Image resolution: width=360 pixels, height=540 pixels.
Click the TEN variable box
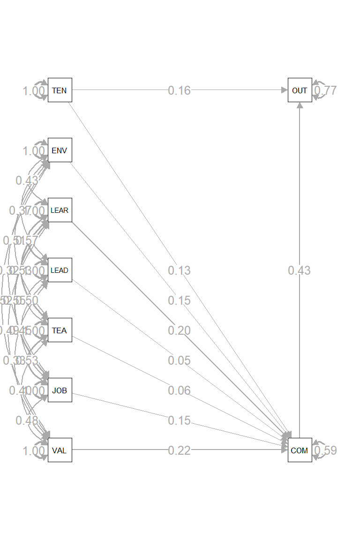[x=60, y=90]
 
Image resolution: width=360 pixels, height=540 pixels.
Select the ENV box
[x=60, y=150]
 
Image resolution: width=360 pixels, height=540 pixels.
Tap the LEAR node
[x=60, y=210]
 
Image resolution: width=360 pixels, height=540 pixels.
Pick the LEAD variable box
[x=60, y=270]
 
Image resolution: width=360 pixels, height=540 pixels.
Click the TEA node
[x=60, y=330]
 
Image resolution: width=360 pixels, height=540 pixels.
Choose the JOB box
[x=60, y=390]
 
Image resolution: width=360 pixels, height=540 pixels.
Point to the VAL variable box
[x=60, y=450]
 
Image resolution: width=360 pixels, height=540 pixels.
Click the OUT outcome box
[x=300, y=90]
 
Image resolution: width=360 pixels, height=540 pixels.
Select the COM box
[x=300, y=450]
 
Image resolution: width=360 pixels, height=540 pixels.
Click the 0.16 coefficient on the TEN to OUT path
[x=180, y=90]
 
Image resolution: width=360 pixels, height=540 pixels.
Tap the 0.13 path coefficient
[x=180, y=270]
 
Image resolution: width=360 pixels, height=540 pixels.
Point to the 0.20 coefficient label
[x=180, y=330]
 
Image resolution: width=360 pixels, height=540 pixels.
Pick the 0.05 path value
[x=180, y=360]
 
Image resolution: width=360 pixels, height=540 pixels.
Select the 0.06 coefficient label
[x=180, y=390]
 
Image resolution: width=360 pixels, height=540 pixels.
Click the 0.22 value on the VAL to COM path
[x=180, y=450]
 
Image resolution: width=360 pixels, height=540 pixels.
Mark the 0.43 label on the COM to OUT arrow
[x=300, y=270]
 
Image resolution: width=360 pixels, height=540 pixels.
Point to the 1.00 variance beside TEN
[x=34, y=91]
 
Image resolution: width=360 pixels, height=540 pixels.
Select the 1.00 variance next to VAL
[x=34, y=451]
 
